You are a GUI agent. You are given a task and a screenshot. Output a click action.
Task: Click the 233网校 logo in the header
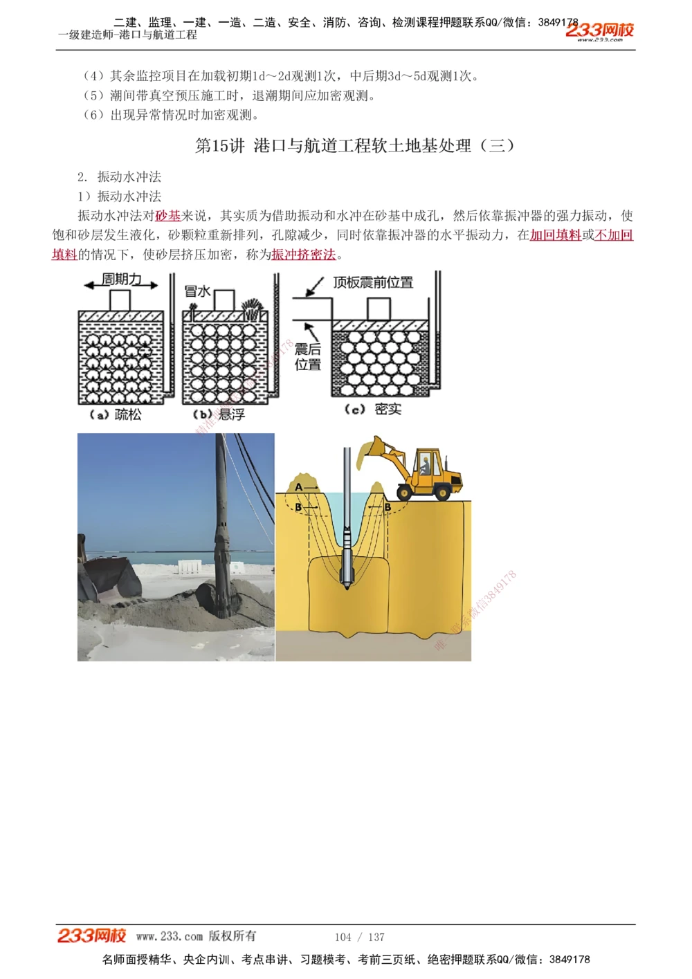[599, 31]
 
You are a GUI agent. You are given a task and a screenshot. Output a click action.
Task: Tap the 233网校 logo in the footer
[91, 936]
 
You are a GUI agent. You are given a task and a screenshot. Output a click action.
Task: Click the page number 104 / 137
[359, 937]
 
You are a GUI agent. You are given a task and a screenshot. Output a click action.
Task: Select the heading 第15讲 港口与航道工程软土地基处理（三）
[355, 145]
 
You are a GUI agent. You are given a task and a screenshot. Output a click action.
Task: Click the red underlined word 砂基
[167, 216]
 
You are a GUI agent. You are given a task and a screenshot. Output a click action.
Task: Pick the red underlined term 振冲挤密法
[304, 255]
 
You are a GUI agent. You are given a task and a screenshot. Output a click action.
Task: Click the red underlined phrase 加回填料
[555, 235]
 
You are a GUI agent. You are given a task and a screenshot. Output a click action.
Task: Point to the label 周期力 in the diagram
[122, 279]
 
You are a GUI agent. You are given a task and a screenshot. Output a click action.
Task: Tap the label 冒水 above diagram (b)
[197, 291]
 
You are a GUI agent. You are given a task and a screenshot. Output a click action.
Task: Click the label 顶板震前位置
[373, 282]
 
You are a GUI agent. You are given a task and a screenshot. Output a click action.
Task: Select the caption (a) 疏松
[116, 414]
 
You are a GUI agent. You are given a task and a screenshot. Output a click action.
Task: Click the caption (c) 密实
[373, 409]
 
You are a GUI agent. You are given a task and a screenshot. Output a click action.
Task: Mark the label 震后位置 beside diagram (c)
[308, 357]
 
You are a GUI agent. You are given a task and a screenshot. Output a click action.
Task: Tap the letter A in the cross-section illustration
[299, 487]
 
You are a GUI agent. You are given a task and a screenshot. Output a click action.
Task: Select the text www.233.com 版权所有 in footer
[196, 936]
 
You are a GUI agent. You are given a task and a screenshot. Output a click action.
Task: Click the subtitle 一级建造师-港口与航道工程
[128, 35]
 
